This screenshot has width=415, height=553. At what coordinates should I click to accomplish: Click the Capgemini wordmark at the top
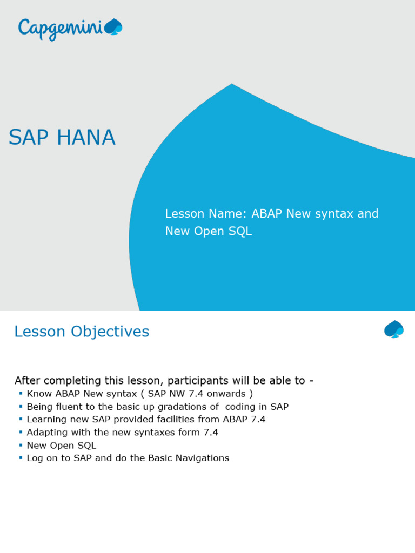pos(61,30)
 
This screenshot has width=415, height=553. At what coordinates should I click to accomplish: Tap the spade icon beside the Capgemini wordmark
pos(113,27)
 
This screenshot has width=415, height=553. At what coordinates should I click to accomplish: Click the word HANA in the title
pos(86,137)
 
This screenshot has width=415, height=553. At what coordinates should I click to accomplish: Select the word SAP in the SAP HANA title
pos(29,137)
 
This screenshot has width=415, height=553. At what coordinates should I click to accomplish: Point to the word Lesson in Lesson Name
pos(185,213)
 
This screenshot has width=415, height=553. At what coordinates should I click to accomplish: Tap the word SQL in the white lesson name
pos(240,231)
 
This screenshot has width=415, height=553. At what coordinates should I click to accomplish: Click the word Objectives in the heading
pos(110,332)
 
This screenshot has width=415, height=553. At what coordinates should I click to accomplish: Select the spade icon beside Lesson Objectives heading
pos(394,329)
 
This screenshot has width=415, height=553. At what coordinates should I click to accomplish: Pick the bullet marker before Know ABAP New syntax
pos(21,393)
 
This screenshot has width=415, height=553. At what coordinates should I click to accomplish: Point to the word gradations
pos(184,407)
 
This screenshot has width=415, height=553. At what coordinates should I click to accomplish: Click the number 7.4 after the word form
pos(211,433)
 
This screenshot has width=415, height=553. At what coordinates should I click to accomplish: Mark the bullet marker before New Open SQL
pos(21,445)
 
